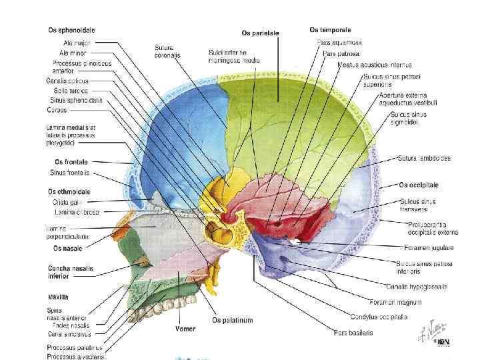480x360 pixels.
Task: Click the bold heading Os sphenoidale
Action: [71, 30]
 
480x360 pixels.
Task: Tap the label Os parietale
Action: [260, 33]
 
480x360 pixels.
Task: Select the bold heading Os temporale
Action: [331, 29]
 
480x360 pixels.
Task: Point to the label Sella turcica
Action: [70, 91]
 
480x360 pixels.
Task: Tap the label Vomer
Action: [185, 328]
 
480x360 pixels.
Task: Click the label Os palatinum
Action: [233, 321]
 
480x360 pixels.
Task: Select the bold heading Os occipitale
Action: [419, 184]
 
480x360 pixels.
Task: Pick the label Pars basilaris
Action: [353, 333]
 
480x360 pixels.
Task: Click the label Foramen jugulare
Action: [430, 247]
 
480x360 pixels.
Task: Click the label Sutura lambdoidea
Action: [423, 159]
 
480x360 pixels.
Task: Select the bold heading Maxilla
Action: [58, 296]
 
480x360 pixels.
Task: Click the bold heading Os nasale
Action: [67, 249]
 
